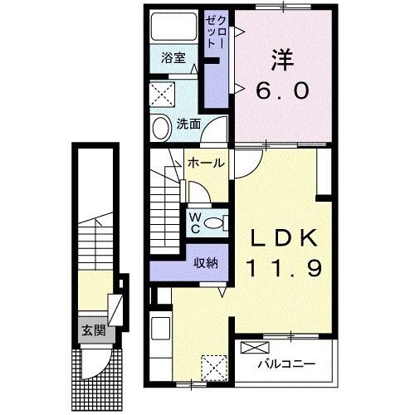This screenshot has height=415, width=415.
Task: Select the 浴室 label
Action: [x=173, y=60]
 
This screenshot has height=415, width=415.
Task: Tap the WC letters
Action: [x=193, y=222]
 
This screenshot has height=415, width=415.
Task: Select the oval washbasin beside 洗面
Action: [x=160, y=126]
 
